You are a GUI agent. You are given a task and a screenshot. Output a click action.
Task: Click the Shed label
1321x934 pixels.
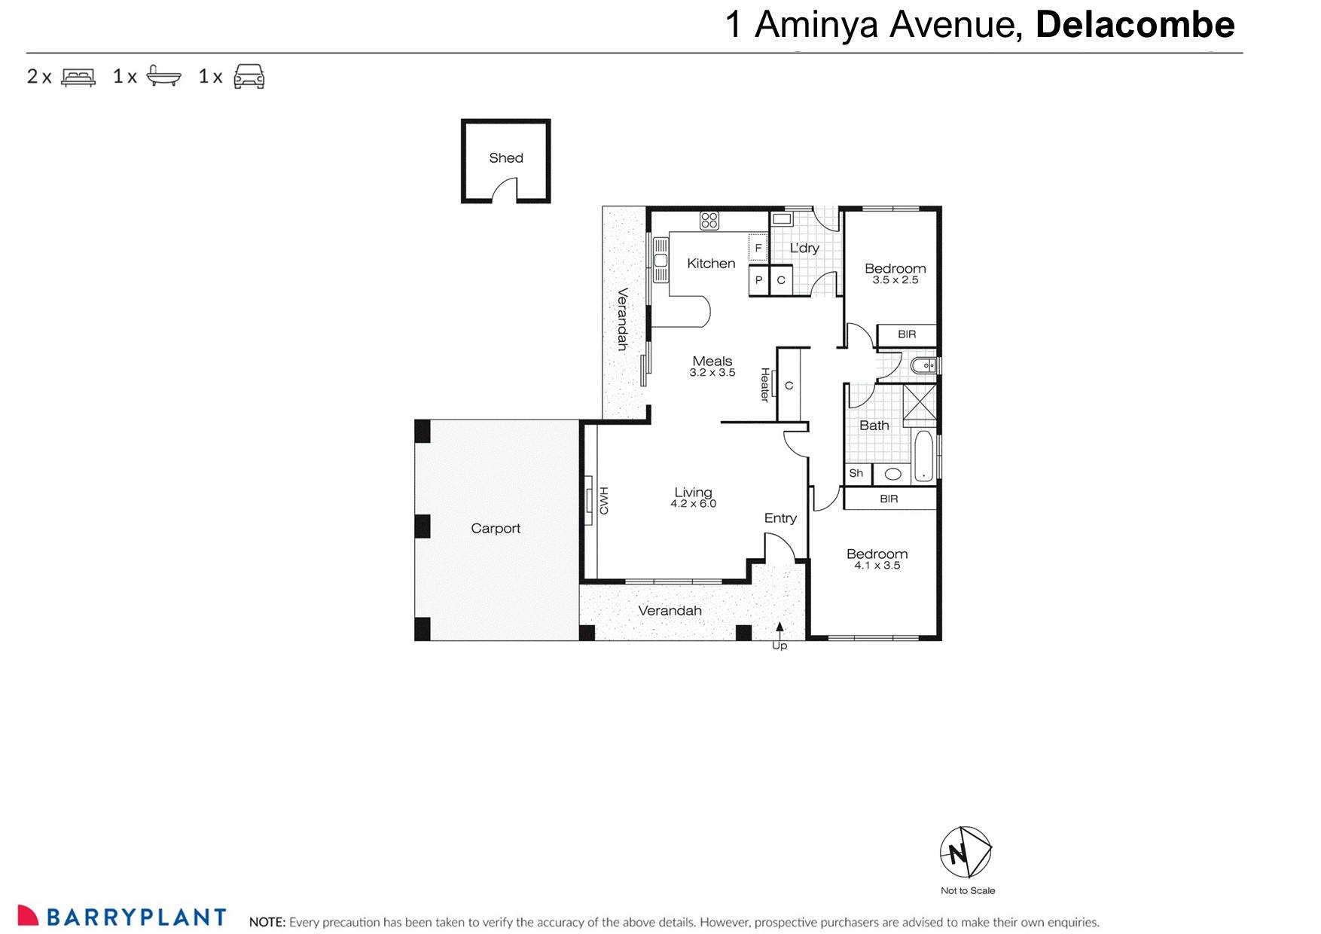pos(505,158)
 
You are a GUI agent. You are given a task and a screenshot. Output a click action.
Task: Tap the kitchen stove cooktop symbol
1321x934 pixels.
pos(709,220)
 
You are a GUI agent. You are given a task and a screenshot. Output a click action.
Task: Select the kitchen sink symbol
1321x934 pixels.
pos(660,260)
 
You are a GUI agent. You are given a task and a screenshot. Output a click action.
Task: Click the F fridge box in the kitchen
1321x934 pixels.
pos(758,248)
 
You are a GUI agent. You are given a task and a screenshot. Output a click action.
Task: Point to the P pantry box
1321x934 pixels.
pos(758,280)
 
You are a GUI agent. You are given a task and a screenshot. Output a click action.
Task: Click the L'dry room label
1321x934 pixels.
pos(804,248)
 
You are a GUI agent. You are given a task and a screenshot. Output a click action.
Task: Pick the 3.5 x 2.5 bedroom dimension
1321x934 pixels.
pos(895,280)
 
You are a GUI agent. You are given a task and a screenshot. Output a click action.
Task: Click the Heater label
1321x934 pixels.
pos(764,384)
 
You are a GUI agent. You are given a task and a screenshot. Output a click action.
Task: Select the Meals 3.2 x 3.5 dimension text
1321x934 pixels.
pos(712,373)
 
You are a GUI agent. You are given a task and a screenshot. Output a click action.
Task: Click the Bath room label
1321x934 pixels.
pos(874,426)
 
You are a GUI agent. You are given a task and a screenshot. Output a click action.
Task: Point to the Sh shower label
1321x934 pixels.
pos(856,474)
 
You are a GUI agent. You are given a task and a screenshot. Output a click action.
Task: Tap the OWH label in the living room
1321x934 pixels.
pos(603,500)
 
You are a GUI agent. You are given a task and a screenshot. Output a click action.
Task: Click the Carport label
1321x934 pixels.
pos(496,529)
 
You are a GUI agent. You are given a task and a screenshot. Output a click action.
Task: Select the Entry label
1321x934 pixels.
pos(779,518)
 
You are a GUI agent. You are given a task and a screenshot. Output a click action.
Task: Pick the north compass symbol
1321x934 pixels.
pos(966,852)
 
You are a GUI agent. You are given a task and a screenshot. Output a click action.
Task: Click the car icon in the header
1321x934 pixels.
pos(249,76)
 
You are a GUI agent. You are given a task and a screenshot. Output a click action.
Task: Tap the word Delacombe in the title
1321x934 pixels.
pos(1134,25)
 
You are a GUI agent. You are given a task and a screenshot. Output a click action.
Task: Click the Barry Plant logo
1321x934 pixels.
pos(122,916)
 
